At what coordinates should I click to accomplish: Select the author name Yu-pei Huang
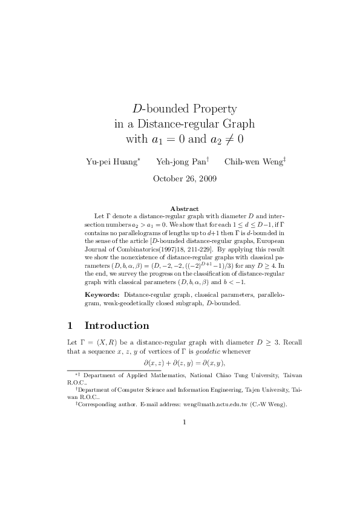[112, 161]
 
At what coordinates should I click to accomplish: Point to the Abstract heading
[185, 209]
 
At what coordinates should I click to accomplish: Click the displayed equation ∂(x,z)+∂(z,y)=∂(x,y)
[184, 363]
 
